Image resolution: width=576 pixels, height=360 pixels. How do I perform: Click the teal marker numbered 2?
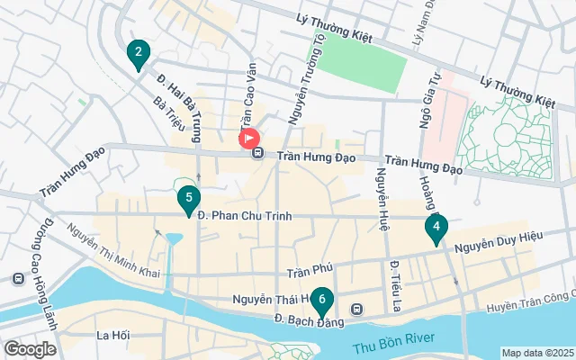click(138, 56)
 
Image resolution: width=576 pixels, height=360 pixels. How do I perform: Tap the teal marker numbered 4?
click(436, 229)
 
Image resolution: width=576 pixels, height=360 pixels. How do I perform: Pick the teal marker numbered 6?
click(322, 301)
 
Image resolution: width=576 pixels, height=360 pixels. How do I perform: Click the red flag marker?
click(249, 139)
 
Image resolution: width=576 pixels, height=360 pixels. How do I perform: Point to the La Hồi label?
click(112, 336)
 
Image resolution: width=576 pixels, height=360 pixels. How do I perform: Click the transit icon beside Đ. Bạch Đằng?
click(357, 309)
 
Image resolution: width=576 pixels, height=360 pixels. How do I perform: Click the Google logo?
click(31, 348)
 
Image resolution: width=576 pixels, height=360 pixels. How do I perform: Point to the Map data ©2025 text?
click(536, 353)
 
